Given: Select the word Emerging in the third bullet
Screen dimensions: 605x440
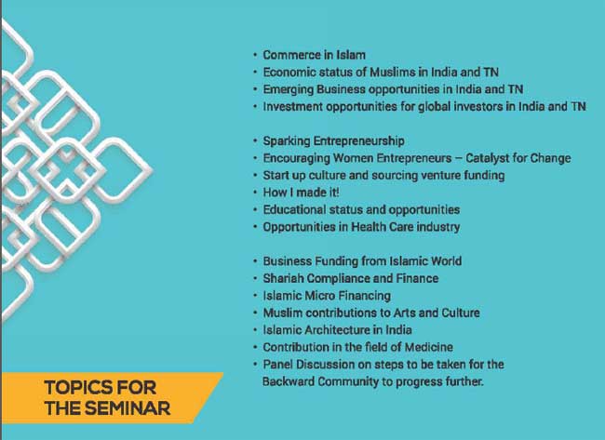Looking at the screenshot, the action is point(289,90).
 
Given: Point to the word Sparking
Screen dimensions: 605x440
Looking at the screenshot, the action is point(287,141).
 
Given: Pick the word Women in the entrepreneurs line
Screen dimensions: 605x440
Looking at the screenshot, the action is point(353,158).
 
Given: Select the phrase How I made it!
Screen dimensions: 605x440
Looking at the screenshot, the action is point(302,193).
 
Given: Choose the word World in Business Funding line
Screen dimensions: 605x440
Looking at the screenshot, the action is point(446,261).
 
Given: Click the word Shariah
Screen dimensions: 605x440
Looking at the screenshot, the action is point(283,278).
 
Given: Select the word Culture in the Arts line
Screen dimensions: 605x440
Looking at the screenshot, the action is point(461,313).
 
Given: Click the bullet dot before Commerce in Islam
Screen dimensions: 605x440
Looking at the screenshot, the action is point(255,55).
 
